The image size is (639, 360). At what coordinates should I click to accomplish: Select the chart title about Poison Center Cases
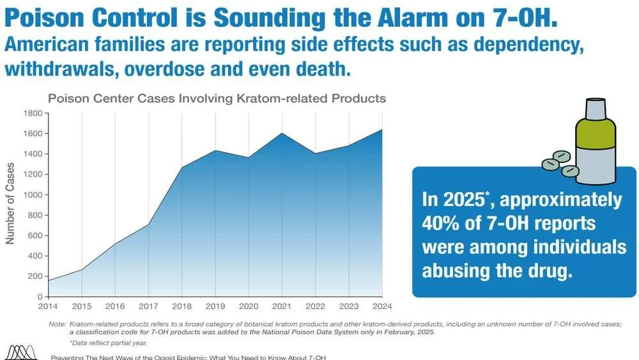(x=217, y=98)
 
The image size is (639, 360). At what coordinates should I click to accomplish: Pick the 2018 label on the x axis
(x=182, y=306)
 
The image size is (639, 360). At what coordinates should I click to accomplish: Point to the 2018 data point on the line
(x=182, y=168)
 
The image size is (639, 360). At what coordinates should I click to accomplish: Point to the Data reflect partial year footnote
(x=105, y=343)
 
